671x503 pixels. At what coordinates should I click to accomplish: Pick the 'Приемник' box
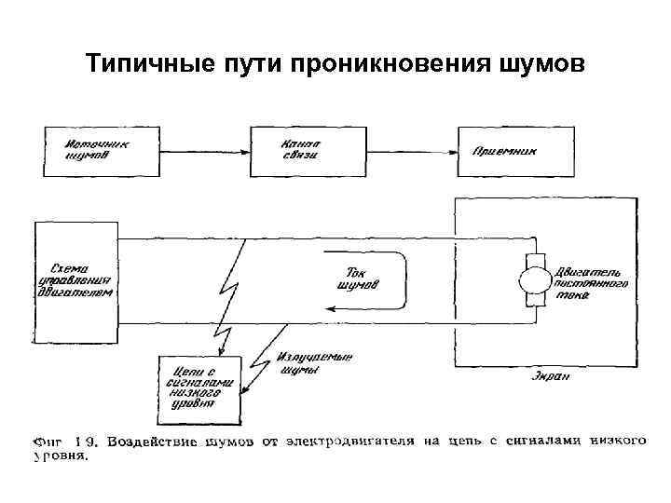coord(504,151)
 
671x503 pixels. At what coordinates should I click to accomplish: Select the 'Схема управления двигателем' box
coord(75,279)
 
